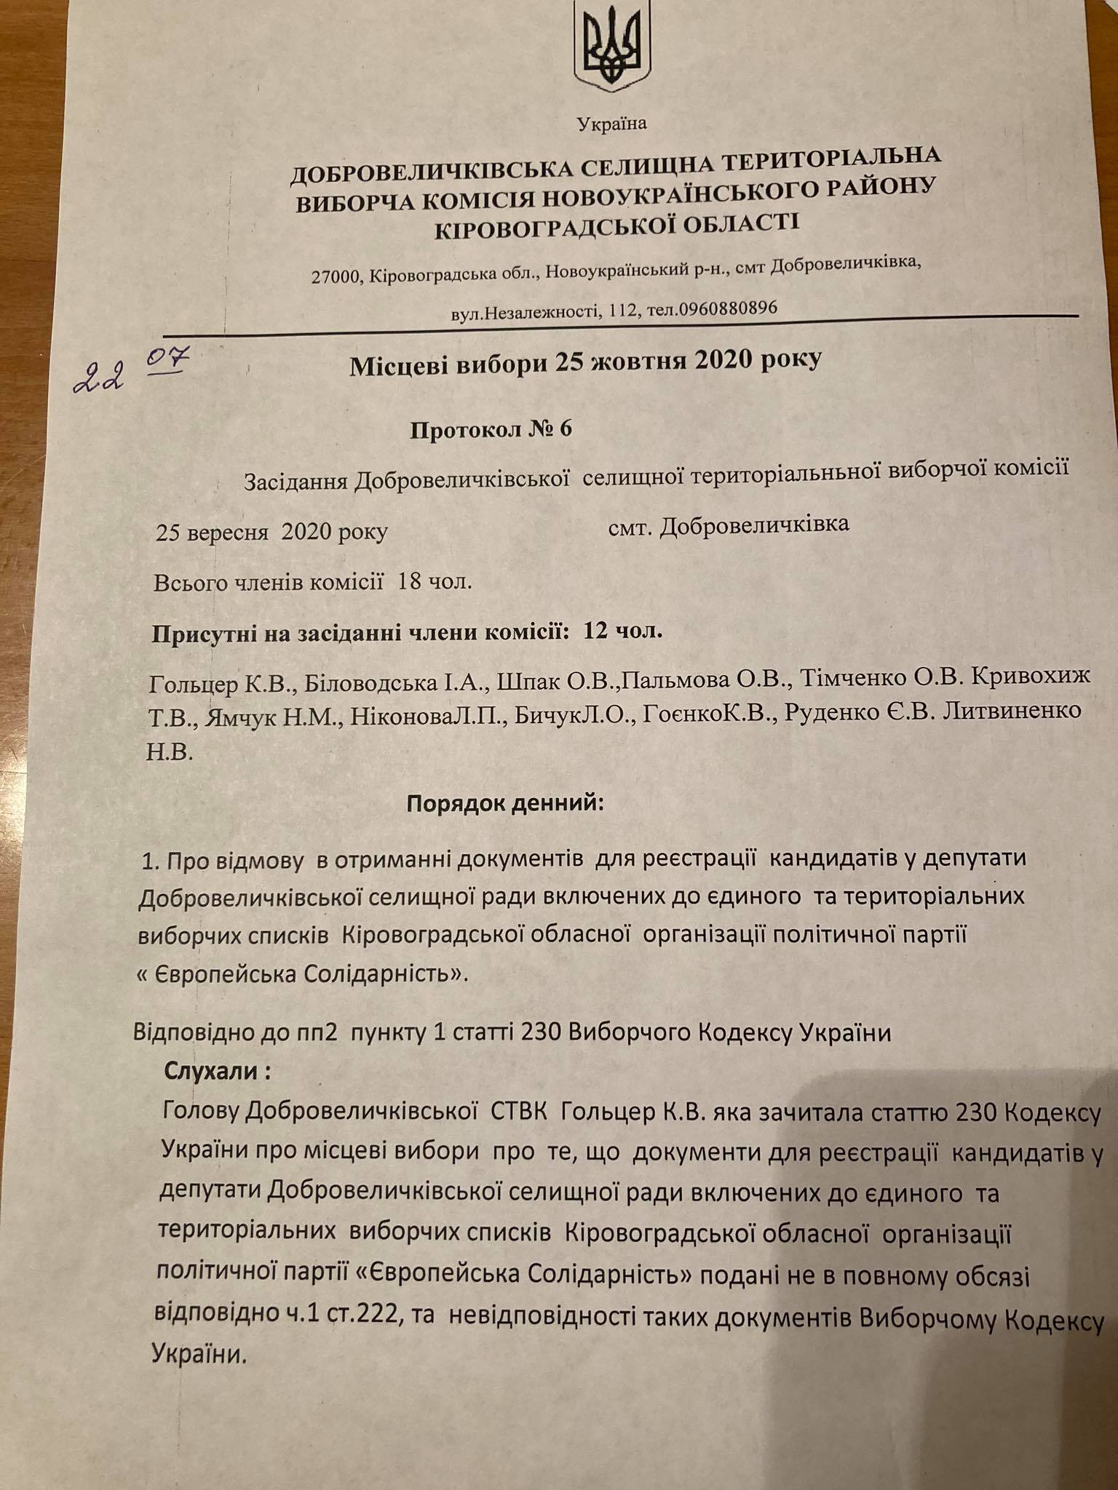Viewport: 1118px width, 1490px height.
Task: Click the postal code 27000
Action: point(338,277)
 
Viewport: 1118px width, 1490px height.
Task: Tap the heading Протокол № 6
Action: point(491,429)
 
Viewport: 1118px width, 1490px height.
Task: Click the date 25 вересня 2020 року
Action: point(271,533)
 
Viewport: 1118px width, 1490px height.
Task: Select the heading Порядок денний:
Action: point(505,804)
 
